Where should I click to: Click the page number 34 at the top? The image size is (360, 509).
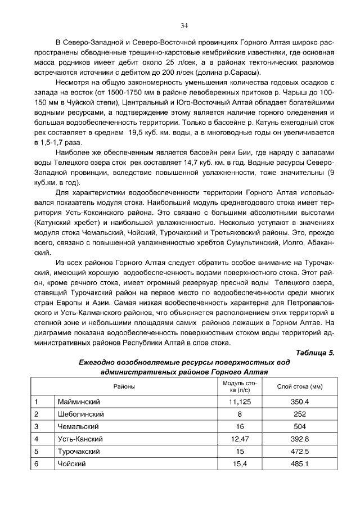coord(184,25)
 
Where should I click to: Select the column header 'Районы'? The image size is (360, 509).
coord(124,386)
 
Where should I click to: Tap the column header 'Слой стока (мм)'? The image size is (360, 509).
coord(300,386)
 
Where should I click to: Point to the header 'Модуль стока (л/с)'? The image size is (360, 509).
coord(238,386)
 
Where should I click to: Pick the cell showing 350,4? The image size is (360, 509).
coord(300,402)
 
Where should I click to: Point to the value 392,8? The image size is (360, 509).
coord(300,439)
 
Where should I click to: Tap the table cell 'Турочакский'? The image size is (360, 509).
coord(79,452)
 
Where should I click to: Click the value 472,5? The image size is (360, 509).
coord(300,452)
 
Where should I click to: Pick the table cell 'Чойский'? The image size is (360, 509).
coord(71,464)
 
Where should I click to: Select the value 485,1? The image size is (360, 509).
coord(300,464)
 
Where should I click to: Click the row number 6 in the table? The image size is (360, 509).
coord(37,464)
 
